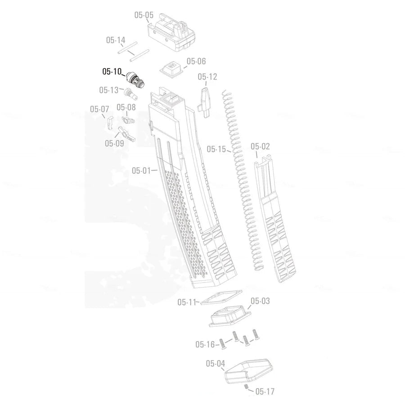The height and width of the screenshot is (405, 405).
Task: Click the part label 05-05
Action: pos(144,15)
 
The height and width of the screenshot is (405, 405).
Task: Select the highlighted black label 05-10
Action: pos(112,71)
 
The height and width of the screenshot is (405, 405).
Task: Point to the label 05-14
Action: pos(116,40)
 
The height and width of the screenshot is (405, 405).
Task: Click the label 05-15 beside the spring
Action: pos(216,148)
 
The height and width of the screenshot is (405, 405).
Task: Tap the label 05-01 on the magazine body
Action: pos(141,171)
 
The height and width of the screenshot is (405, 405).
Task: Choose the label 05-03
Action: pos(260,301)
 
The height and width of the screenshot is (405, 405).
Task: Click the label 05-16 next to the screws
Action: pos(205,345)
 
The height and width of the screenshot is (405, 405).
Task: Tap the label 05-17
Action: pos(265,391)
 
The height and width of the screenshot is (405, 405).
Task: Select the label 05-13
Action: pos(108,90)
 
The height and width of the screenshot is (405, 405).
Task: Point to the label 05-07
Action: pos(99,109)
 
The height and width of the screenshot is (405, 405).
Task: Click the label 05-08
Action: pos(126,107)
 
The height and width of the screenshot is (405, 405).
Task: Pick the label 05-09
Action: pos(114,144)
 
